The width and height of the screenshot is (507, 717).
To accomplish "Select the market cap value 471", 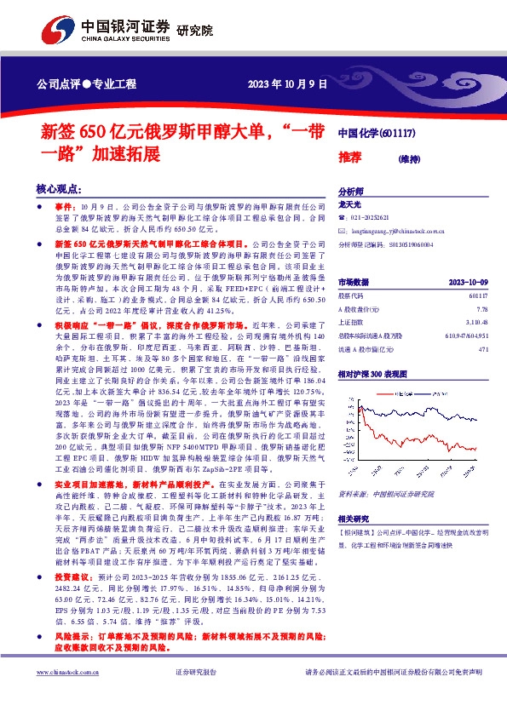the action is tap(483, 349).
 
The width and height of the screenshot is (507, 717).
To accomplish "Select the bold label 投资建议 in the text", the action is tap(69, 576).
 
